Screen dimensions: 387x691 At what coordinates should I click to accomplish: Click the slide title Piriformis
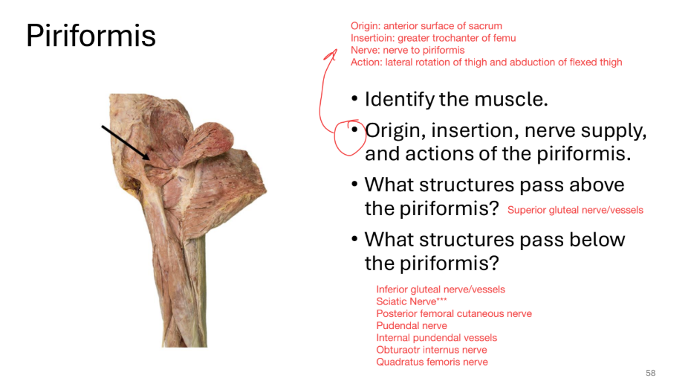91,35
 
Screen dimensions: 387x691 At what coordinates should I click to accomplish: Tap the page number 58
651,373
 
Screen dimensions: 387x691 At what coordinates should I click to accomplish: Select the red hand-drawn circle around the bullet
348,138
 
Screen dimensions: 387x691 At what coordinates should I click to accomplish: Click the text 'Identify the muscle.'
456,100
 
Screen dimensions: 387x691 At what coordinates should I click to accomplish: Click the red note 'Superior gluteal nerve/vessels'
575,210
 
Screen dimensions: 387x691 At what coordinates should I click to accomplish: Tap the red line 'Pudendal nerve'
412,325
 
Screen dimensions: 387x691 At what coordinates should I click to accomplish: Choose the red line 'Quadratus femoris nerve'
432,362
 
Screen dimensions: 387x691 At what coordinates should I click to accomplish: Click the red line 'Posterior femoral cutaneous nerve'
454,313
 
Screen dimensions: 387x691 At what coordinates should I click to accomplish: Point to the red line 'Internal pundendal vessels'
436,338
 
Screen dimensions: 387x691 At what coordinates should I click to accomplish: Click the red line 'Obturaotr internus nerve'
432,350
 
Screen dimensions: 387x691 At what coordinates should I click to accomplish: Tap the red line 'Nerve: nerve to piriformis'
407,50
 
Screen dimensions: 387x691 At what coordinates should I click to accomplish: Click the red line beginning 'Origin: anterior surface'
426,26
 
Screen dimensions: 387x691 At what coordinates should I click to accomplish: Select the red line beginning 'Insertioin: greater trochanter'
433,38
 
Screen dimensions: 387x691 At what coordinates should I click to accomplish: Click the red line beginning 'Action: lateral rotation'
486,62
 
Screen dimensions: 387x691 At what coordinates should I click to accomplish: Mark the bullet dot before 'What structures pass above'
355,185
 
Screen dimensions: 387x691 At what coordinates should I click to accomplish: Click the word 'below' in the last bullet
597,240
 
